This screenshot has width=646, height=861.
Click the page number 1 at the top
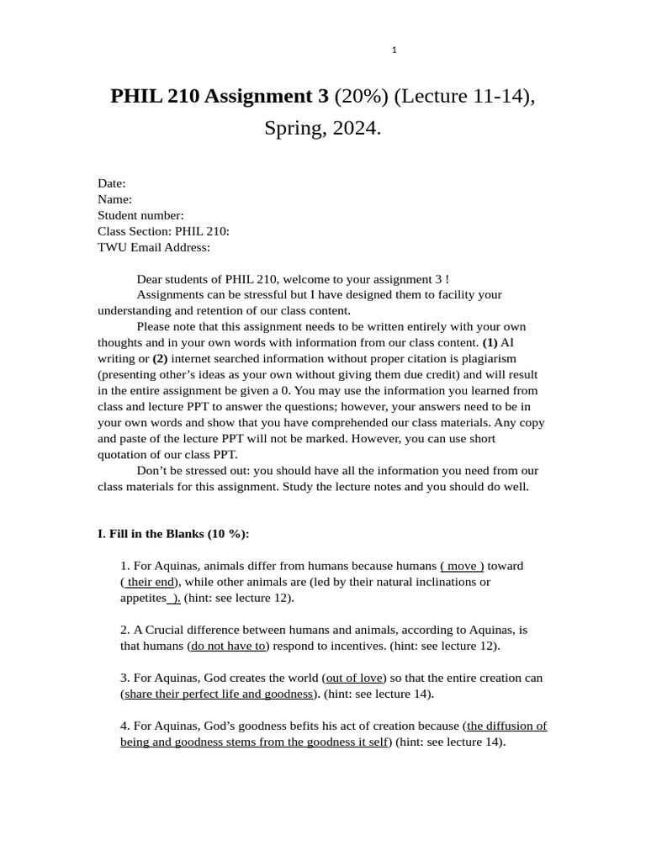394,50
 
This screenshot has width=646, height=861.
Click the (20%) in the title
361,97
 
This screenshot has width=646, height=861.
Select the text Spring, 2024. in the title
322,129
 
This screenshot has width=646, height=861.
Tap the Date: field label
112,183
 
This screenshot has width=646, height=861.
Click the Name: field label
115,199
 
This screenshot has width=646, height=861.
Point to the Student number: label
140,215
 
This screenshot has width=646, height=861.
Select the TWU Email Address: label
154,247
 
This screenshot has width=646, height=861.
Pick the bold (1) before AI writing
490,343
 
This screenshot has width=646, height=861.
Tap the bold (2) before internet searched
160,359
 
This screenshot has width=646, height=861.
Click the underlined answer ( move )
462,566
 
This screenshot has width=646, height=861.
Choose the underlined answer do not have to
228,646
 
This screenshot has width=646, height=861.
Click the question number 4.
125,726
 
